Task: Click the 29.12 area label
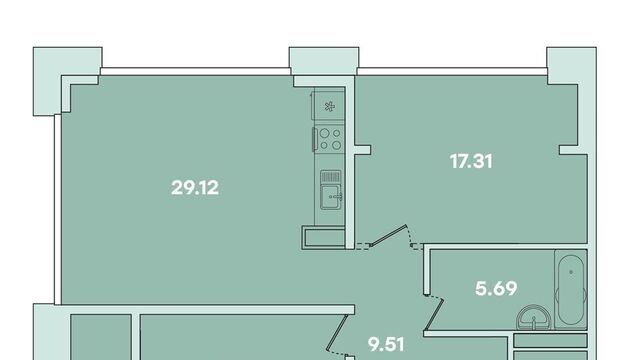[195, 188]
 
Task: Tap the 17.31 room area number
[471, 161]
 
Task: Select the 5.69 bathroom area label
[496, 289]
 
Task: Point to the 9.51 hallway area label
[386, 344]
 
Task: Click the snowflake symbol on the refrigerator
[329, 107]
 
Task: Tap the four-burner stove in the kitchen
[330, 139]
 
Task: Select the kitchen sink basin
[331, 197]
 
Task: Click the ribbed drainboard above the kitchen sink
[330, 177]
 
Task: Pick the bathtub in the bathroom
[571, 290]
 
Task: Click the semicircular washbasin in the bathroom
[533, 318]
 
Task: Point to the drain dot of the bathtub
[571, 272]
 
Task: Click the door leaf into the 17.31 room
[388, 236]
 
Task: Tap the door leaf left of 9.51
[337, 332]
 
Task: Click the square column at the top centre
[324, 61]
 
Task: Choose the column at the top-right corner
[571, 65]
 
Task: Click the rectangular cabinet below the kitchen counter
[324, 238]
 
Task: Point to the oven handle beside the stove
[314, 139]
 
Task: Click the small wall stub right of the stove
[362, 150]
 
